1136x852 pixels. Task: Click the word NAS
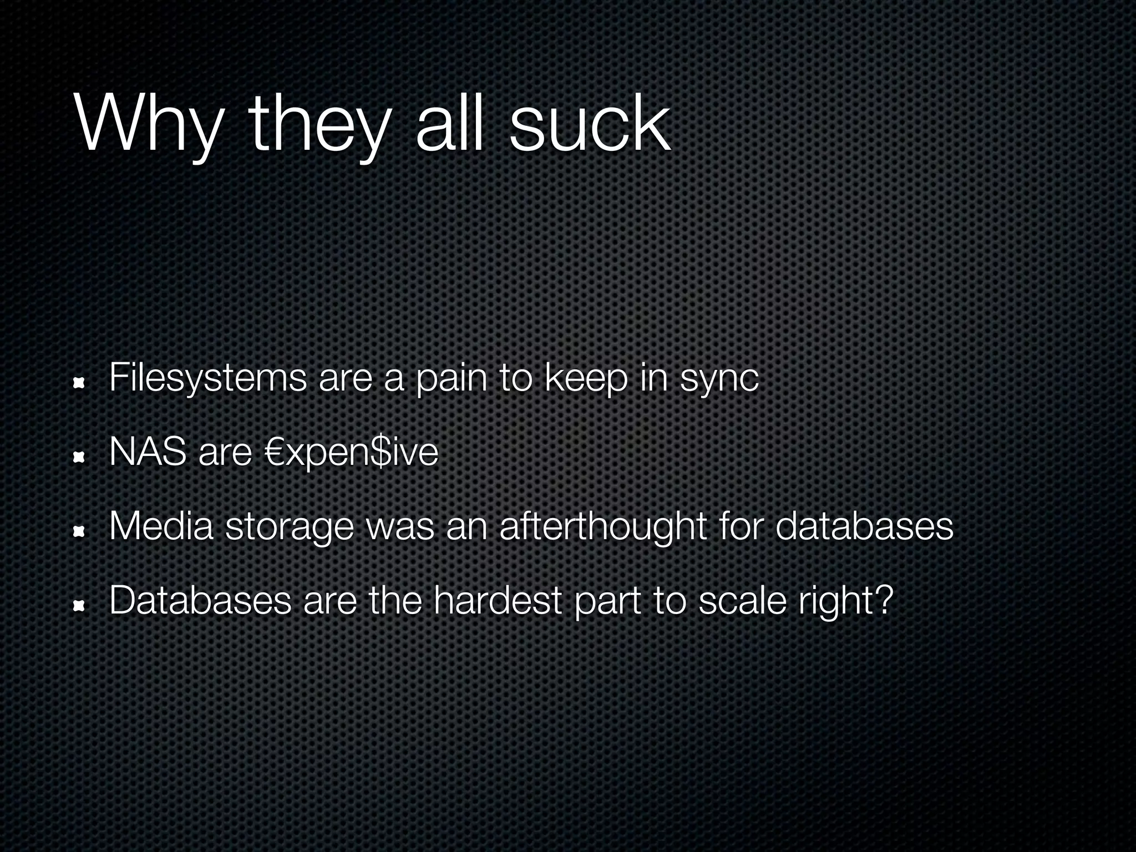pyautogui.click(x=148, y=452)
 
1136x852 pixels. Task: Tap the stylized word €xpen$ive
pyautogui.click(x=352, y=452)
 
